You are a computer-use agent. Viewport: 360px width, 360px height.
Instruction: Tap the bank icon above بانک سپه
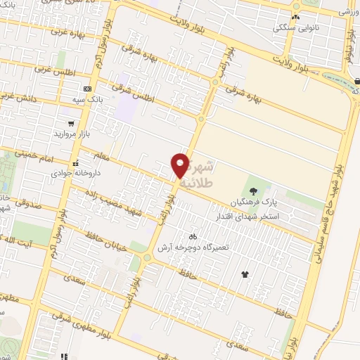click(87, 89)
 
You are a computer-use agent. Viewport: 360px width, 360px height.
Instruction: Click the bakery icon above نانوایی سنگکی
click(295, 17)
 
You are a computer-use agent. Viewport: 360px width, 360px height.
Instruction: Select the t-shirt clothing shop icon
click(245, 274)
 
